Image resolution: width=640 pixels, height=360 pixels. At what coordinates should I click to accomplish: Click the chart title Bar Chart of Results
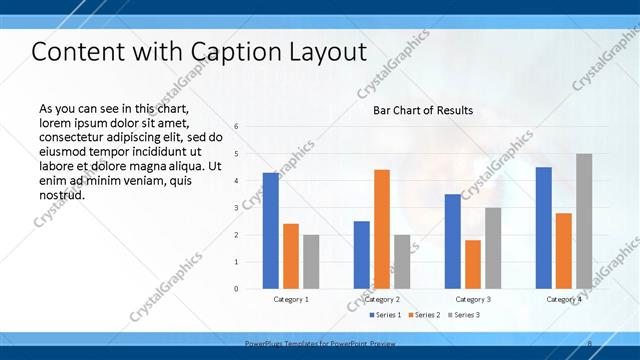tap(423, 110)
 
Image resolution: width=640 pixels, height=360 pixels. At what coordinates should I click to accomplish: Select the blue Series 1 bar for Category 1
tap(271, 230)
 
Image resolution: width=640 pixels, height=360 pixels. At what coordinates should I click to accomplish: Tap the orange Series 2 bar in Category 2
tap(382, 228)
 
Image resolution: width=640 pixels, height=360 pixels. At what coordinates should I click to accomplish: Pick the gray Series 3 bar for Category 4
tap(584, 220)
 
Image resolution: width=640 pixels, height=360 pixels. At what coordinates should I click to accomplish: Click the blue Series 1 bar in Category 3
tap(453, 241)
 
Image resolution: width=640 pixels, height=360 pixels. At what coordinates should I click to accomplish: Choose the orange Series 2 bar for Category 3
tap(473, 264)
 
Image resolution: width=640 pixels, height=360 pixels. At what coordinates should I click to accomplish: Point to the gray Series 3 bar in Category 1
tap(311, 261)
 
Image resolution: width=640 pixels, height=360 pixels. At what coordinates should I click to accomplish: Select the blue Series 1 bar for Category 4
tap(544, 227)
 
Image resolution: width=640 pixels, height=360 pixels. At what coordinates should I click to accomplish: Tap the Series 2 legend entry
tap(425, 315)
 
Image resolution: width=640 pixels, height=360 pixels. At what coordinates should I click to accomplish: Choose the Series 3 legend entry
tap(465, 315)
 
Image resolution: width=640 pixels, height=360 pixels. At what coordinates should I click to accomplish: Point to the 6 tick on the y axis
tap(236, 126)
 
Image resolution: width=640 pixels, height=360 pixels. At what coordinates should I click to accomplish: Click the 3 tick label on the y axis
tap(236, 207)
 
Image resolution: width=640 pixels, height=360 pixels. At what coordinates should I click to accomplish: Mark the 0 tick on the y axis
tap(236, 288)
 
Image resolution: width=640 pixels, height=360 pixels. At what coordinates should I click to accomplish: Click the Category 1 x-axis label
tap(291, 299)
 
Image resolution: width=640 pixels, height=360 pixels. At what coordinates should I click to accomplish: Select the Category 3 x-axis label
tap(473, 299)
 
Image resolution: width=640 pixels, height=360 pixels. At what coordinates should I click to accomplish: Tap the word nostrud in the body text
tap(61, 195)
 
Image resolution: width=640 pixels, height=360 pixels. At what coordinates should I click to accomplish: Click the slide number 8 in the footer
tap(589, 344)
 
